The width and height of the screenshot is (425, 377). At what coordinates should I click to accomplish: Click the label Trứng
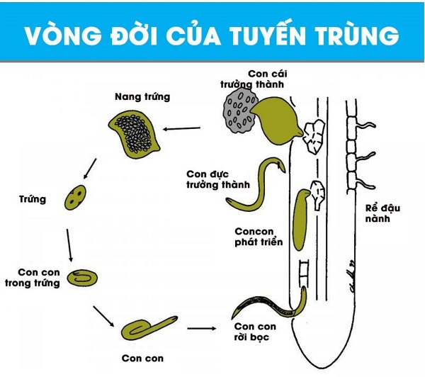coord(33,200)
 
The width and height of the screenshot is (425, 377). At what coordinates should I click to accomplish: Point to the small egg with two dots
coord(78,198)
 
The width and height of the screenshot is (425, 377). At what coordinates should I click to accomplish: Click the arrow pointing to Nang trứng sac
coord(183,130)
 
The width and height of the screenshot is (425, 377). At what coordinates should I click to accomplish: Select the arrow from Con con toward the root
coord(203,329)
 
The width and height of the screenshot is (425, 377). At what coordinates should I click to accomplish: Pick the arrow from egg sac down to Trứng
coord(89,167)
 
